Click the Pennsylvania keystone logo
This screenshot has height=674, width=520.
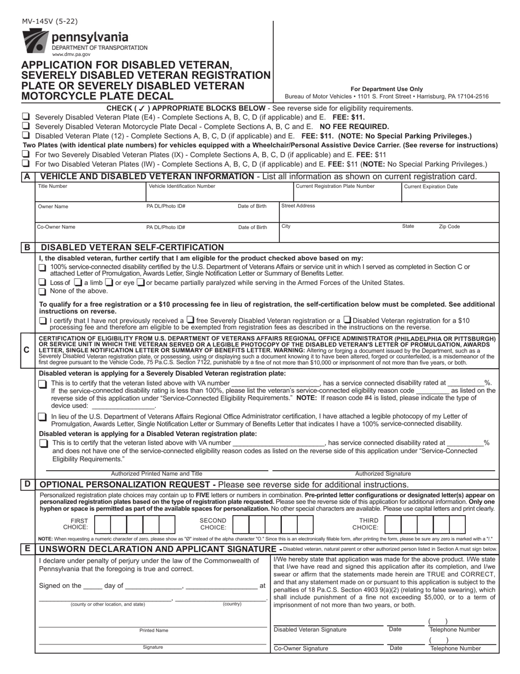pyautogui.click(x=34, y=42)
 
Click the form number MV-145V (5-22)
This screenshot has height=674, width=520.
pyautogui.click(x=50, y=22)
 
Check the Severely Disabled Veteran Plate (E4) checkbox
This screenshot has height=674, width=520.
pyautogui.click(x=25, y=117)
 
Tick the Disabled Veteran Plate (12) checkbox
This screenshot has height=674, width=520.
pyautogui.click(x=25, y=135)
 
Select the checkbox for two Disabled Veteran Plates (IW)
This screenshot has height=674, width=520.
pyautogui.click(x=25, y=163)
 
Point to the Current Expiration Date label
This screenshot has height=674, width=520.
pyautogui.click(x=430, y=186)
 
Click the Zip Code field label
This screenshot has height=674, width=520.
pyautogui.click(x=449, y=226)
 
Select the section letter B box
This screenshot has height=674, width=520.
pyautogui.click(x=27, y=247)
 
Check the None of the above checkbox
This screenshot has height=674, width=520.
pyautogui.click(x=43, y=292)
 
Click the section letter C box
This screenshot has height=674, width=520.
pyautogui.click(x=27, y=349)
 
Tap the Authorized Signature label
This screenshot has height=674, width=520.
pyautogui.click(x=383, y=473)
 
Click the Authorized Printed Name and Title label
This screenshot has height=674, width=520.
pyautogui.click(x=157, y=473)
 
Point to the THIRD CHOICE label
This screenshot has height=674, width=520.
pyautogui.click(x=365, y=524)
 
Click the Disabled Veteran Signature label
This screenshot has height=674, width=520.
pyautogui.click(x=310, y=630)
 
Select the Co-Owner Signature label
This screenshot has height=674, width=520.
pyautogui.click(x=301, y=648)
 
